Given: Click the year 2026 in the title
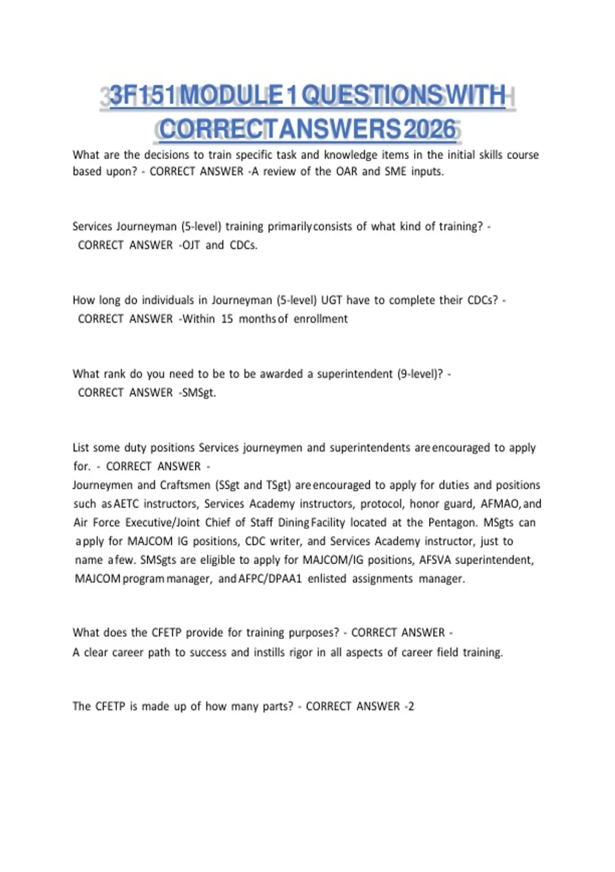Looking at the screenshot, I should tap(429, 129).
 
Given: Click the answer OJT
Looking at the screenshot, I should tap(191, 245).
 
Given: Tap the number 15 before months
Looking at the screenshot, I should tap(227, 319).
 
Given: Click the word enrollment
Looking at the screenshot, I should tap(321, 319).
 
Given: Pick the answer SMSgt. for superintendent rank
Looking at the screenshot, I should tap(199, 393).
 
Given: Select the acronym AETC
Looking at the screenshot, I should tap(126, 504).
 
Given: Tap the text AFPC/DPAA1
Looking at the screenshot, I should tap(271, 579).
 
